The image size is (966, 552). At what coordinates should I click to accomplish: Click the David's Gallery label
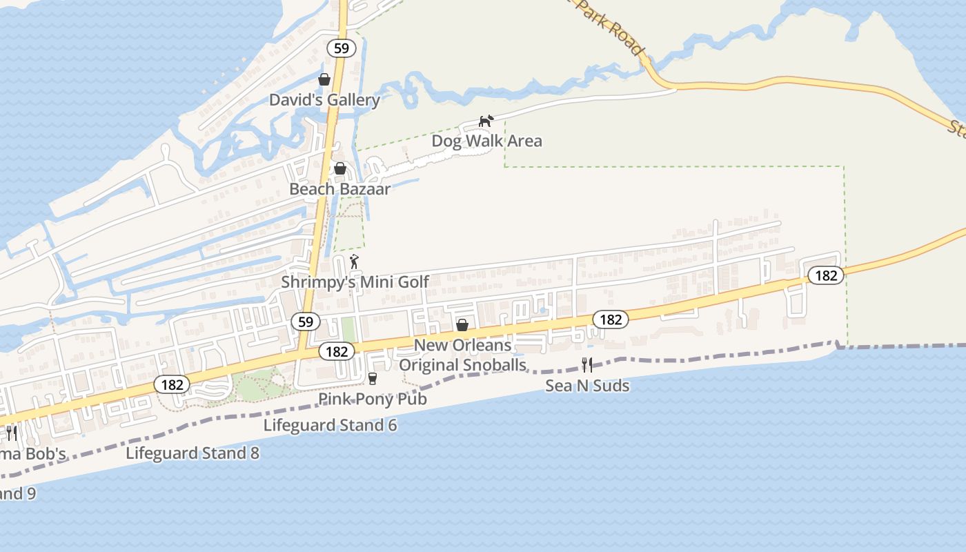point(324,100)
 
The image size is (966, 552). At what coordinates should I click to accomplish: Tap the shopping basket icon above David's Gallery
point(324,79)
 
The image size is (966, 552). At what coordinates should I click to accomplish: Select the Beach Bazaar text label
point(339,188)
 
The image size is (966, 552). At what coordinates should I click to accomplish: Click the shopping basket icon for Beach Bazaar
point(340,168)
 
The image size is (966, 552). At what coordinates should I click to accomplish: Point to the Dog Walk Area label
point(486,141)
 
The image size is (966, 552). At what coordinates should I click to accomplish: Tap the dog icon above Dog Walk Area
point(486,121)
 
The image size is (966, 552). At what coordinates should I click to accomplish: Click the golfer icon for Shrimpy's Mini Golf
point(355,262)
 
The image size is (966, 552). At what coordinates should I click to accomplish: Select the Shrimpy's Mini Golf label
point(355,282)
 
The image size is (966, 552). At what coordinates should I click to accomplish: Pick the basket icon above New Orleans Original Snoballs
point(462,324)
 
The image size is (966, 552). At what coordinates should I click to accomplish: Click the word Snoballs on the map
point(493,365)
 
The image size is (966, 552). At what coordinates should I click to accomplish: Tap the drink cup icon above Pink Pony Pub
point(373,378)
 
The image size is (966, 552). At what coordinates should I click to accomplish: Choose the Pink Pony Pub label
point(373,399)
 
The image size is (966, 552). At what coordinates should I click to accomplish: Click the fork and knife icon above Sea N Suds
point(587,365)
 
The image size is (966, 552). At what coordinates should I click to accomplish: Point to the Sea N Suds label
point(587,386)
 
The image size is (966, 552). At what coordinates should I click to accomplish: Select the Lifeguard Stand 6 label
point(330,425)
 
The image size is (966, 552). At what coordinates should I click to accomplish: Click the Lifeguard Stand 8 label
point(193,453)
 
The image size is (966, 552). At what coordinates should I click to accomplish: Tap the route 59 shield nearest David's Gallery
point(341,48)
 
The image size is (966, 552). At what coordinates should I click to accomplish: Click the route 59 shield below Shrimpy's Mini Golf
point(306,322)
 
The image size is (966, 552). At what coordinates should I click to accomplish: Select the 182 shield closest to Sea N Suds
point(611,319)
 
